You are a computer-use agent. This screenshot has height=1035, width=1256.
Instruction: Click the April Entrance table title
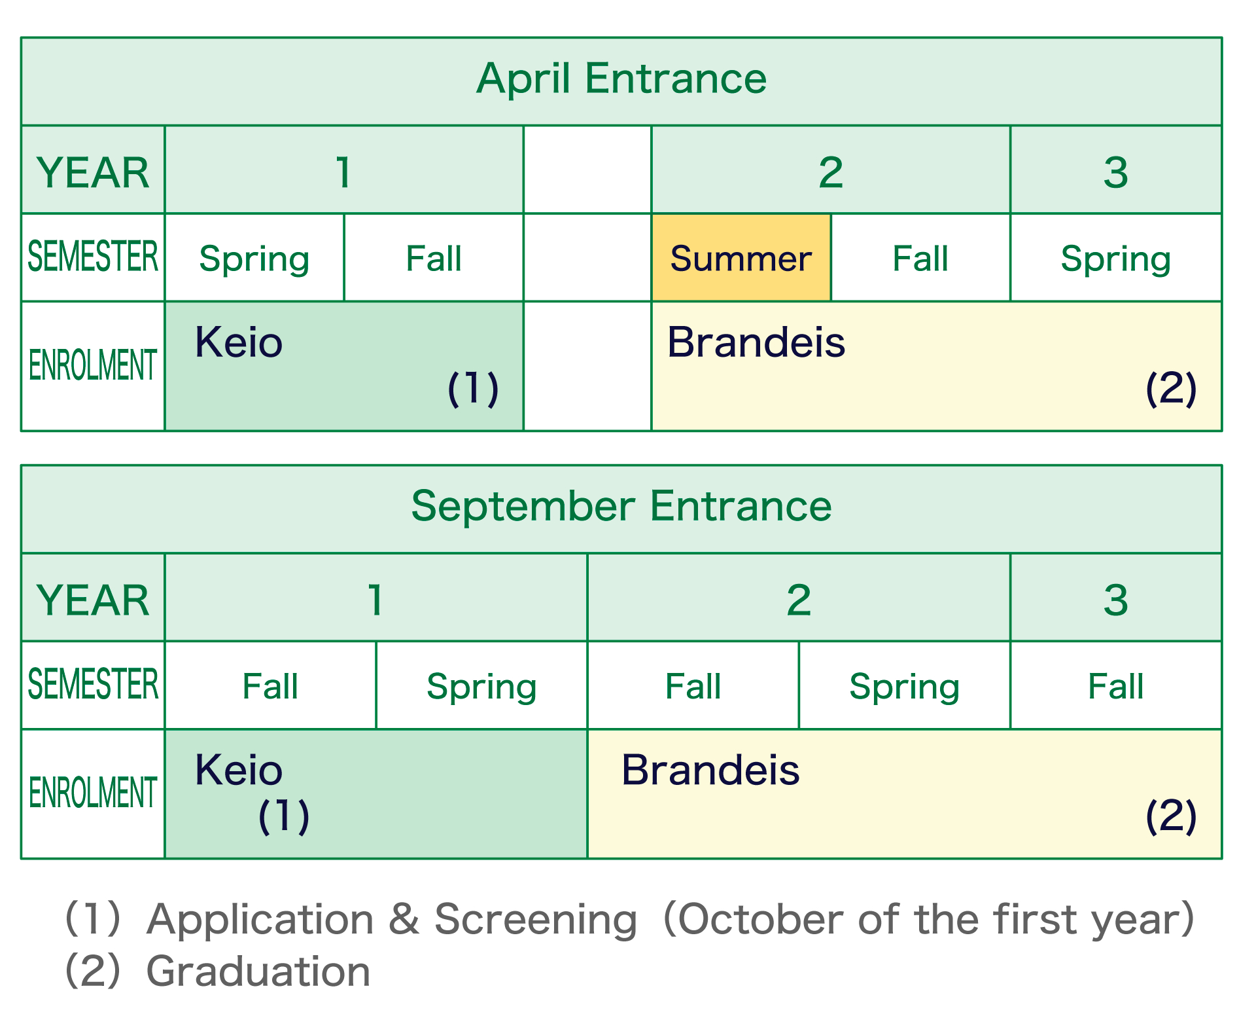pyautogui.click(x=621, y=79)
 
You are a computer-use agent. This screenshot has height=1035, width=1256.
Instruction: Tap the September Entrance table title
pyautogui.click(x=621, y=507)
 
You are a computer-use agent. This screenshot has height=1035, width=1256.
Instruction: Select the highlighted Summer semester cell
pyautogui.click(x=741, y=258)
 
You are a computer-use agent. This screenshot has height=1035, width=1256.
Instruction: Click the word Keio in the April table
pyautogui.click(x=239, y=342)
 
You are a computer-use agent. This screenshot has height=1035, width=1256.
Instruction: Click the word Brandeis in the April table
pyautogui.click(x=756, y=342)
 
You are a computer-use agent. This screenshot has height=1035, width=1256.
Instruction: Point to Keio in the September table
pyautogui.click(x=239, y=770)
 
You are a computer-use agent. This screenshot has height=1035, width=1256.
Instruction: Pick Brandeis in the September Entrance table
pyautogui.click(x=710, y=770)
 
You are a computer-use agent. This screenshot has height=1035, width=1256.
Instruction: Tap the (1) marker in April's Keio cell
pyautogui.click(x=473, y=389)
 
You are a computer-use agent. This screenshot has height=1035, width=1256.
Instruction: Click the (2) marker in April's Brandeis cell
pyautogui.click(x=1171, y=389)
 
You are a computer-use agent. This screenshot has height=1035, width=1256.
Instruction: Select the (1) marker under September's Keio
pyautogui.click(x=284, y=816)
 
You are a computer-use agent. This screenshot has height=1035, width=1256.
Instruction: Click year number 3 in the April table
pyautogui.click(x=1115, y=173)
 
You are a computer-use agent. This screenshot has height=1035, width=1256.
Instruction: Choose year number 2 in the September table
pyautogui.click(x=799, y=600)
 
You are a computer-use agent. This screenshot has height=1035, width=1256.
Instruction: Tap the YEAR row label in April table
pyautogui.click(x=93, y=173)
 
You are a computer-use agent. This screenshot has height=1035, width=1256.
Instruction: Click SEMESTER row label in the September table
pyautogui.click(x=93, y=685)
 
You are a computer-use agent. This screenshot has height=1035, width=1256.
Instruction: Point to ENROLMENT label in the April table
pyautogui.click(x=93, y=365)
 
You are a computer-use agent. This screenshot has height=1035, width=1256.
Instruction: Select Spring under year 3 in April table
pyautogui.click(x=1115, y=259)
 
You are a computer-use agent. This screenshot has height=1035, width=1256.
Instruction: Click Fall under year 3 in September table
pyautogui.click(x=1115, y=686)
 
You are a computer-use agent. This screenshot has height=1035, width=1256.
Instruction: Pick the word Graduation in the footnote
pyautogui.click(x=258, y=971)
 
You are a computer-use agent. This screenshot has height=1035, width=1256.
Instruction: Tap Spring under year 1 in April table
pyautogui.click(x=254, y=259)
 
